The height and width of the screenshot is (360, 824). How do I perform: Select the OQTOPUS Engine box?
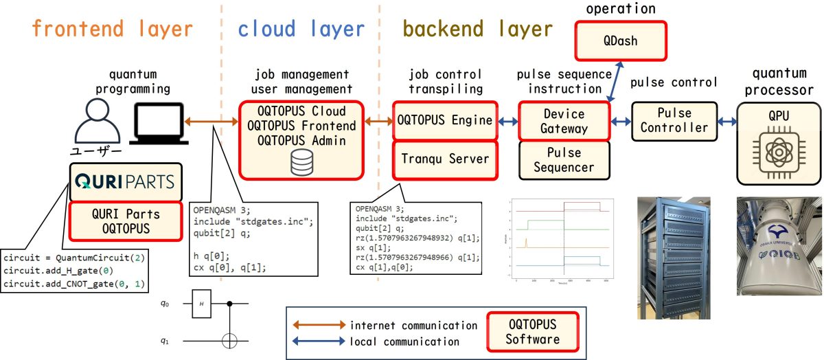click(x=444, y=120)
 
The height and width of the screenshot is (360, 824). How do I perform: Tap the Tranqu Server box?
click(x=444, y=159)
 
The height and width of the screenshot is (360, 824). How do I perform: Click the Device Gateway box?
click(x=564, y=120)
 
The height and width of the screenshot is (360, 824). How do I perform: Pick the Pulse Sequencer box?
click(x=564, y=159)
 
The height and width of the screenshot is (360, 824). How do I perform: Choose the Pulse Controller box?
click(x=674, y=120)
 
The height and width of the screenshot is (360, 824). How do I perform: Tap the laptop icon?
click(x=159, y=120)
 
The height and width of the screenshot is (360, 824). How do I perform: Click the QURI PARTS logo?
click(x=124, y=182)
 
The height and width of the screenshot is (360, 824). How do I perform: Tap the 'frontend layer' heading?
click(x=112, y=29)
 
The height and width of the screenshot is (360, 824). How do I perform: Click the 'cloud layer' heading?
click(x=301, y=29)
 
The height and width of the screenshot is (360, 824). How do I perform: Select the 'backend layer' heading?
click(x=478, y=29)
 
